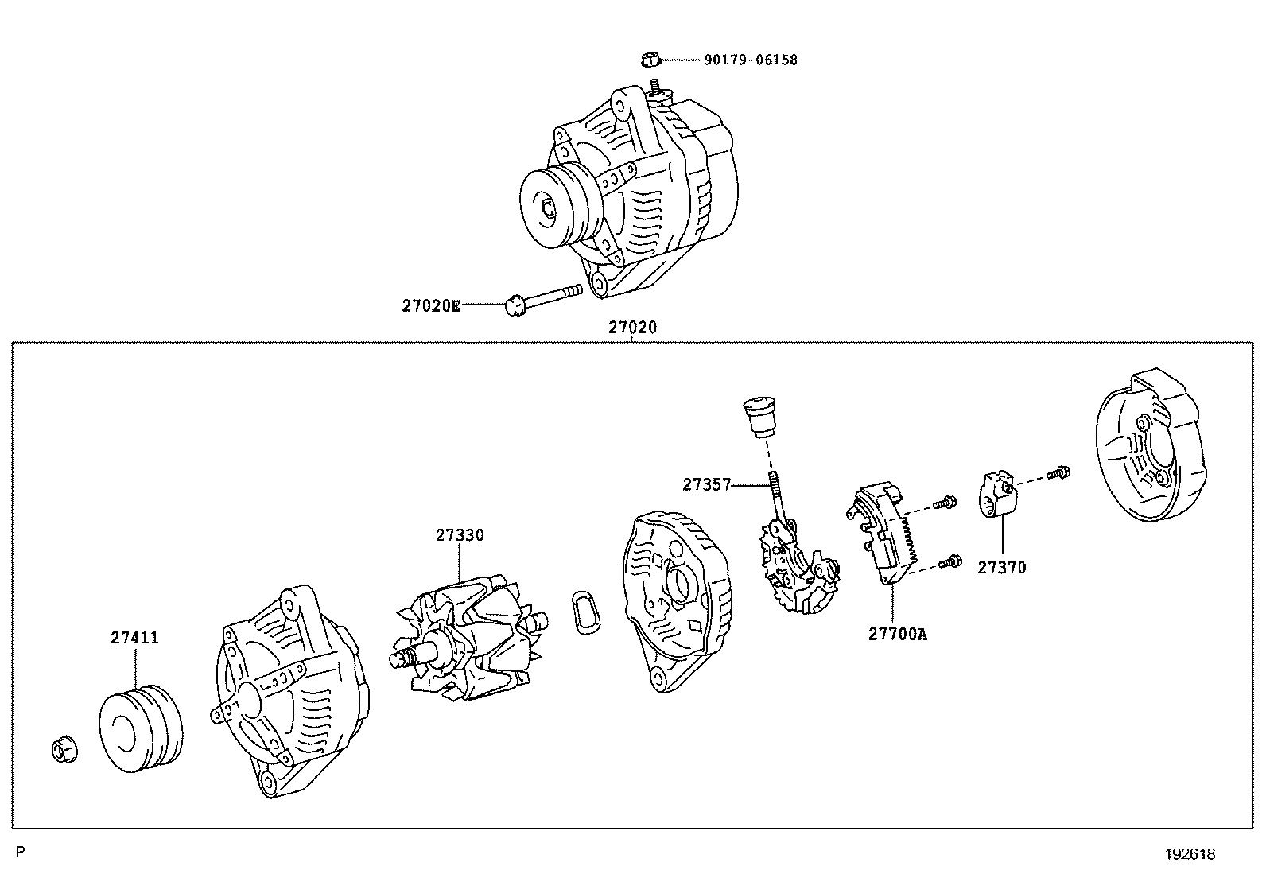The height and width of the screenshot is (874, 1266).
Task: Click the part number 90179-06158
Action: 750,60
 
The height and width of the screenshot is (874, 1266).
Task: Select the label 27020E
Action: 430,305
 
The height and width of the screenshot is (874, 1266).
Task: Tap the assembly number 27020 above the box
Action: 633,327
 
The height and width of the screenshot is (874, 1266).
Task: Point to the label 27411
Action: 134,638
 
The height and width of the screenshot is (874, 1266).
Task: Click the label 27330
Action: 459,535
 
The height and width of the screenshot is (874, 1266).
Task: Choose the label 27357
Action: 705,484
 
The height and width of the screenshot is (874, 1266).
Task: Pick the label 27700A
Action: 897,634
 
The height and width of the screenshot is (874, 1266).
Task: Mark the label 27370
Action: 1001,568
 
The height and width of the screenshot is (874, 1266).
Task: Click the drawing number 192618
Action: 1190,854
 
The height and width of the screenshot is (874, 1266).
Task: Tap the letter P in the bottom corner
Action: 21,853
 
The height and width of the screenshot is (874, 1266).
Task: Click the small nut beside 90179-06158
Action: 649,59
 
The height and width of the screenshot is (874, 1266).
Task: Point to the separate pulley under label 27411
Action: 140,730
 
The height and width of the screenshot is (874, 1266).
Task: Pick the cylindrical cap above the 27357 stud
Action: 758,418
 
